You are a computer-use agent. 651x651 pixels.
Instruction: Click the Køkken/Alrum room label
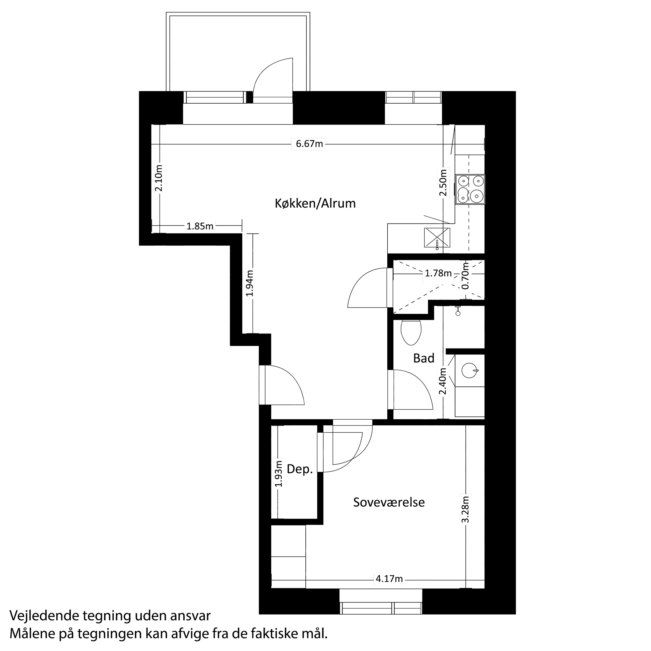[315, 204]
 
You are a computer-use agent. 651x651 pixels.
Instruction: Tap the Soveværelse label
[389, 502]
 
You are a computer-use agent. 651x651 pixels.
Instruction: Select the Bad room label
[423, 358]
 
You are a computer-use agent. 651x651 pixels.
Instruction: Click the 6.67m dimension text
[309, 144]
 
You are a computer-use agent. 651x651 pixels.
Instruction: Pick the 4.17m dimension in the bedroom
[389, 579]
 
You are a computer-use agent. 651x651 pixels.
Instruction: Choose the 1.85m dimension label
[200, 226]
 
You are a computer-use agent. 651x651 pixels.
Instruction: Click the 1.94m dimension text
[250, 283]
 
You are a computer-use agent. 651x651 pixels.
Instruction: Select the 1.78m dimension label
[438, 273]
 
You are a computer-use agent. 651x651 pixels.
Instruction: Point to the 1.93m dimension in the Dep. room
[278, 474]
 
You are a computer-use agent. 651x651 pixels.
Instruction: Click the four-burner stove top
[470, 189]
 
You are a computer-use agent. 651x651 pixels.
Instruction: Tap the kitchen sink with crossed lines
[437, 238]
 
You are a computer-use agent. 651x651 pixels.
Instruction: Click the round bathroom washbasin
[469, 370]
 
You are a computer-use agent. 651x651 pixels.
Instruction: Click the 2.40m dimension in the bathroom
[442, 381]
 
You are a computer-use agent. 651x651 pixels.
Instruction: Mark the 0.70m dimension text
[466, 275]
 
